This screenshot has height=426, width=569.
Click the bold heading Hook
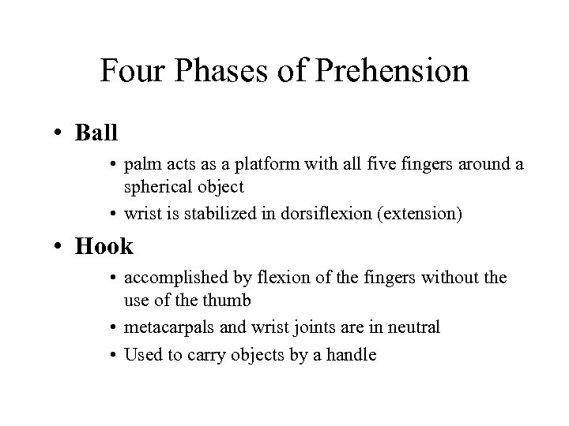tap(105, 247)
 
